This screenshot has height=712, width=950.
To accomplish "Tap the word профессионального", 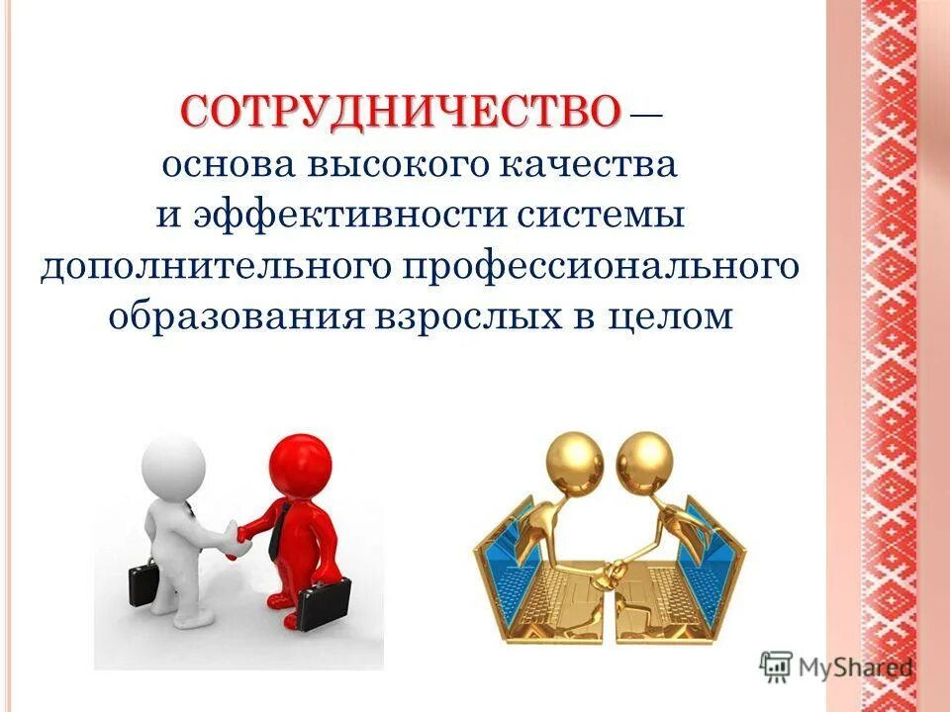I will tap(585, 268).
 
